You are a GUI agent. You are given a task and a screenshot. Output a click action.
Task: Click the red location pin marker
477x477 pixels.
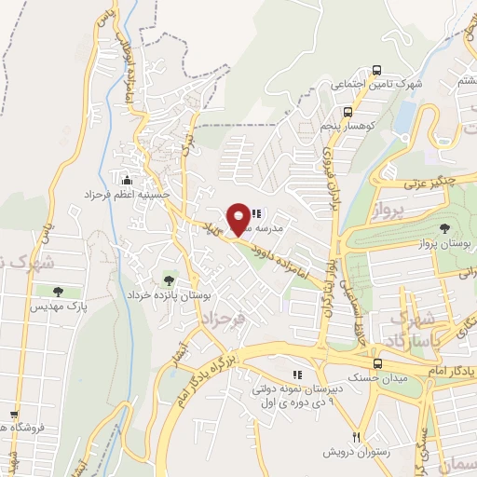click(239, 218)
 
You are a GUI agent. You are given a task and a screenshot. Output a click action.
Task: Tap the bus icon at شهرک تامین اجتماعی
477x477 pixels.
click(376, 70)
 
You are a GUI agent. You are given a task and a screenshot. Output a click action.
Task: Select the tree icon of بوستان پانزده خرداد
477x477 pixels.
click(169, 279)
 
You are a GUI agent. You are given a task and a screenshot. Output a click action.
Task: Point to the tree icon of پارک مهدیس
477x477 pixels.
click(60, 292)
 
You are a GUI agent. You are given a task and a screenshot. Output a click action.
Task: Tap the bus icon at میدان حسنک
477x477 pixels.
click(377, 364)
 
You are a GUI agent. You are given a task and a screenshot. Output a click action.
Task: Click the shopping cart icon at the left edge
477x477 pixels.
click(13, 416)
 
